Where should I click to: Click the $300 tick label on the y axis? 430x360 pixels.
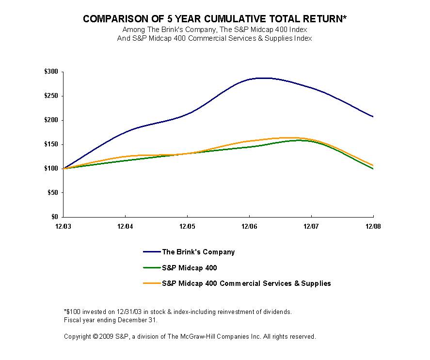[51, 72]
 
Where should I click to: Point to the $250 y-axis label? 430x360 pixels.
[51, 96]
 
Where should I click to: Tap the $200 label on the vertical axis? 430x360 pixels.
[51, 120]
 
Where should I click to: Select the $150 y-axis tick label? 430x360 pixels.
[51, 144]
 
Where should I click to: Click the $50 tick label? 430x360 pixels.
[53, 193]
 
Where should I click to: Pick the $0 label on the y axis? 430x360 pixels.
[54, 217]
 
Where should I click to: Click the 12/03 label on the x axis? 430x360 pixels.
[64, 226]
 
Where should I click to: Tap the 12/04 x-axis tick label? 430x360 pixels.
[126, 226]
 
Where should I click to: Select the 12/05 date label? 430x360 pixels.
[187, 226]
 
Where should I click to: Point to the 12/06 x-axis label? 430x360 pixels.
[249, 226]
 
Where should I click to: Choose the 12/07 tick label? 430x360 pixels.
[311, 226]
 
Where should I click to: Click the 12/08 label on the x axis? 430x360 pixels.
[373, 226]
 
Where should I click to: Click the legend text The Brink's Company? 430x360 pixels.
[198, 252]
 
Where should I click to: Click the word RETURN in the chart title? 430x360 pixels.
[316, 19]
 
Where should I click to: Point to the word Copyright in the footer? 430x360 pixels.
[78, 336]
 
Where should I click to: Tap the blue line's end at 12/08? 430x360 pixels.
[373, 117]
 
